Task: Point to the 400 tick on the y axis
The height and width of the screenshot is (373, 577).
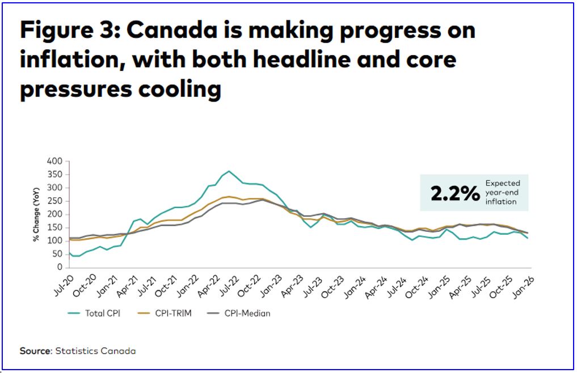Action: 53,161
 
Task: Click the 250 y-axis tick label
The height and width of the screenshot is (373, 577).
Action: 53,201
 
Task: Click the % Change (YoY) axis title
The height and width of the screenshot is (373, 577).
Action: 35,214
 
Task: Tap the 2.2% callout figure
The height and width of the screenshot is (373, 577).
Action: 455,193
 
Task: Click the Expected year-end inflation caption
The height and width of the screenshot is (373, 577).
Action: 502,193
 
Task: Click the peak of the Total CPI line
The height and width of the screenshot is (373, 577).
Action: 229,171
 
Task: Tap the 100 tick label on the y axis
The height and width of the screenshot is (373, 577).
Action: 53,240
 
